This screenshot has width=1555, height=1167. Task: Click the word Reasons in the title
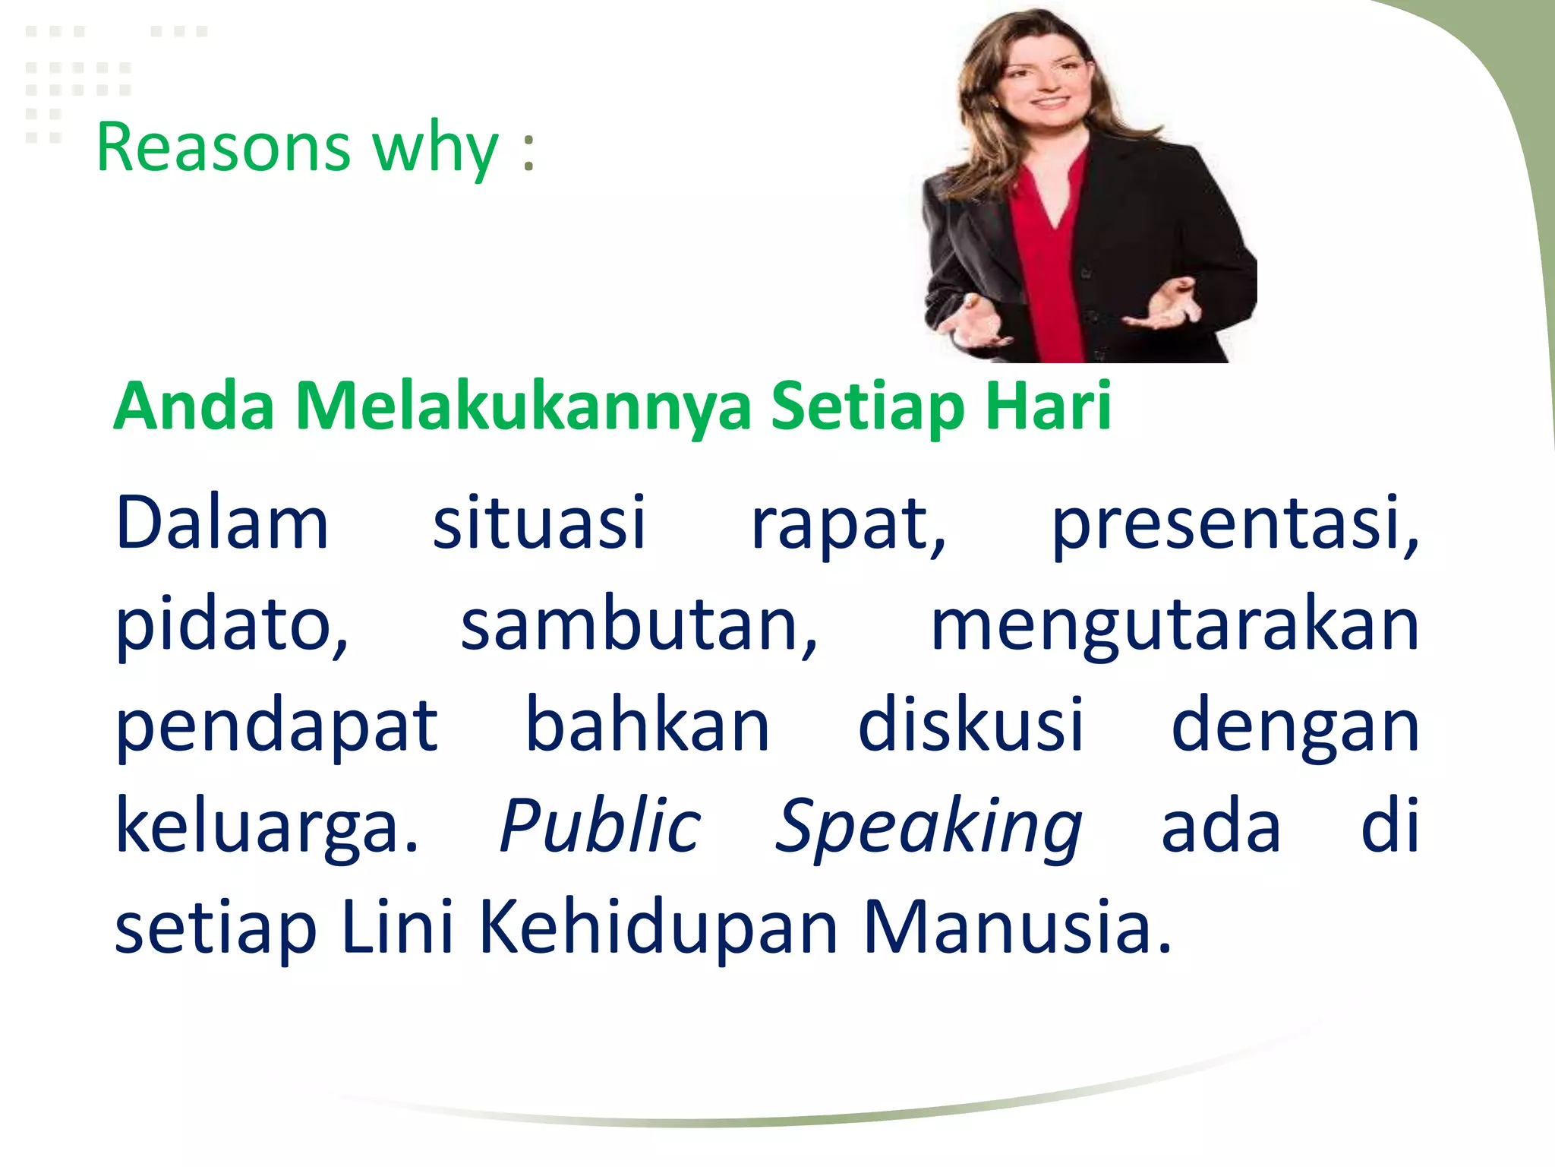point(223,147)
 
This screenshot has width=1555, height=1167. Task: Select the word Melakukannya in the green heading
point(523,407)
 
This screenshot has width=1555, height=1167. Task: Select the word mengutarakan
point(1174,628)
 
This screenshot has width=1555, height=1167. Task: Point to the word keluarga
point(266,828)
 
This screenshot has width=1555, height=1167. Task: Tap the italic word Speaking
point(928,828)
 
